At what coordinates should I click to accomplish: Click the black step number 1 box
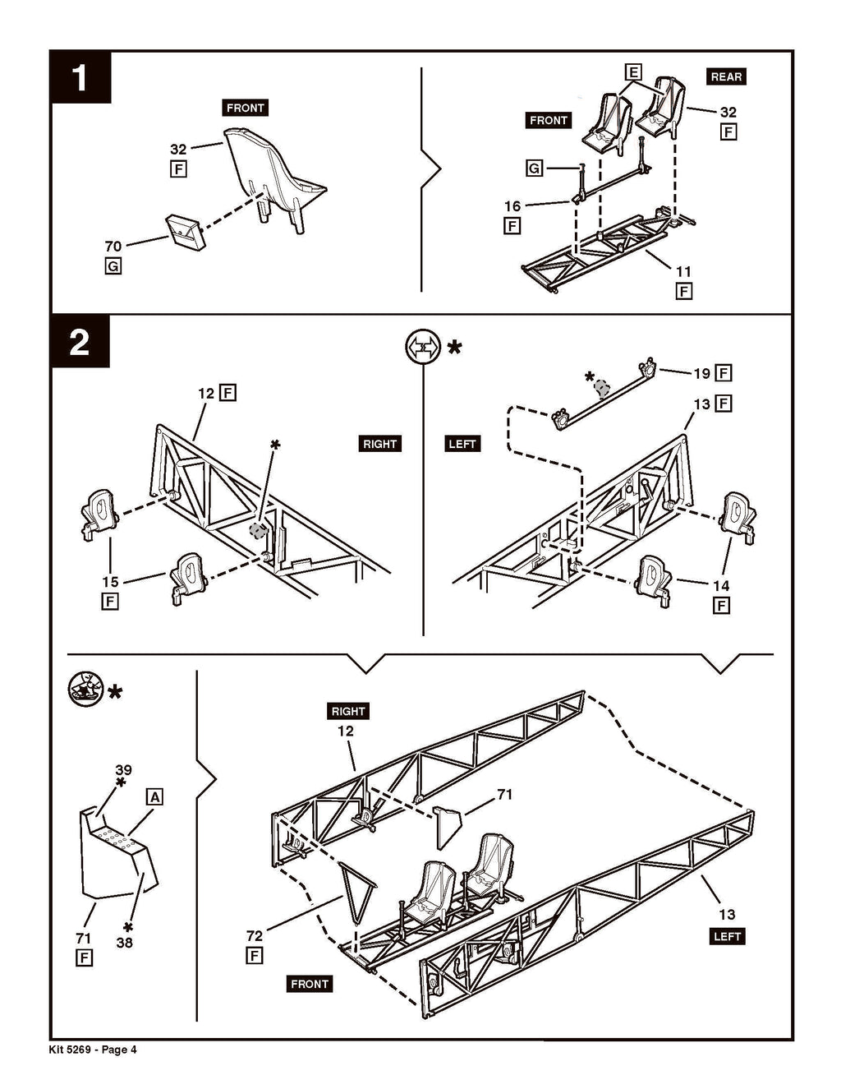[x=80, y=77]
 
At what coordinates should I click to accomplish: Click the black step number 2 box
[x=80, y=342]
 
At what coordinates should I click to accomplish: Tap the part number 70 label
[x=113, y=246]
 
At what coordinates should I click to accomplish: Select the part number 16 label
[x=512, y=206]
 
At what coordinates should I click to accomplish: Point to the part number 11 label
[x=683, y=271]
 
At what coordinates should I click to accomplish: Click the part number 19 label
[x=702, y=373]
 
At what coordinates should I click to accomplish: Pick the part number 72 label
[x=255, y=935]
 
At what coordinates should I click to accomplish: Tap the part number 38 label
[x=124, y=942]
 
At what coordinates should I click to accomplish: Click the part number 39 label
[x=123, y=770]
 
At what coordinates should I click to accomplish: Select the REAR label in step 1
[x=726, y=76]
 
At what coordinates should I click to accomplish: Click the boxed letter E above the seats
[x=633, y=72]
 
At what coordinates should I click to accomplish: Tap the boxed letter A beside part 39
[x=154, y=796]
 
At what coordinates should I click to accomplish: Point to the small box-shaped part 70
[x=185, y=232]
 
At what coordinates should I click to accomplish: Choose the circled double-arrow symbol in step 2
[x=423, y=346]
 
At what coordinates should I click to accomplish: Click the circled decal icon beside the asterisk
[x=85, y=690]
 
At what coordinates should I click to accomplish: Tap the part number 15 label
[x=110, y=582]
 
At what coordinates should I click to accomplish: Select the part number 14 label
[x=721, y=585]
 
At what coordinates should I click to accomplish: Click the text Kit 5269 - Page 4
[x=93, y=1049]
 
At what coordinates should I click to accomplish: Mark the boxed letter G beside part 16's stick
[x=534, y=168]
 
